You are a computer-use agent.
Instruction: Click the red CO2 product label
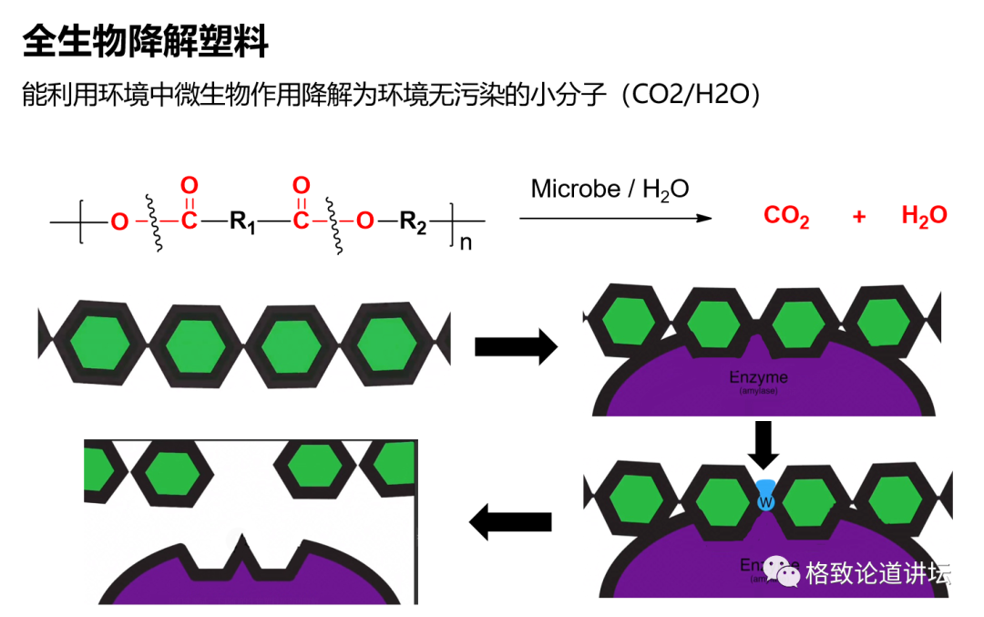tap(786, 217)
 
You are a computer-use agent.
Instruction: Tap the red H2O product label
tap(923, 216)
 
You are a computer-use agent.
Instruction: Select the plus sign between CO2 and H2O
tap(859, 217)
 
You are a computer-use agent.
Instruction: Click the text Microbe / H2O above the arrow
tap(610, 189)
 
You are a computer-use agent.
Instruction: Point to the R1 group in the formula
tap(242, 221)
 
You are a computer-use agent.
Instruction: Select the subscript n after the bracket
tap(465, 243)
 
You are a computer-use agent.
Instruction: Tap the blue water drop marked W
tap(765, 497)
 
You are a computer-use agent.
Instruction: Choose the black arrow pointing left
tap(510, 521)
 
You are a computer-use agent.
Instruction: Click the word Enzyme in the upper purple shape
tap(758, 377)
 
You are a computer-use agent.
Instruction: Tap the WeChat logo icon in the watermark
tap(781, 571)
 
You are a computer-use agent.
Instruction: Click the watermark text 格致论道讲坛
tap(877, 573)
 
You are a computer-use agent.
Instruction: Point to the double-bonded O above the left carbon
tap(189, 186)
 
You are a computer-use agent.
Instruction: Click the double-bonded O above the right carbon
tap(301, 186)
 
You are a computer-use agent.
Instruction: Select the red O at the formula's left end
tap(119, 221)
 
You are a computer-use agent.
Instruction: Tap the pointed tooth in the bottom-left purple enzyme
tap(243, 551)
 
